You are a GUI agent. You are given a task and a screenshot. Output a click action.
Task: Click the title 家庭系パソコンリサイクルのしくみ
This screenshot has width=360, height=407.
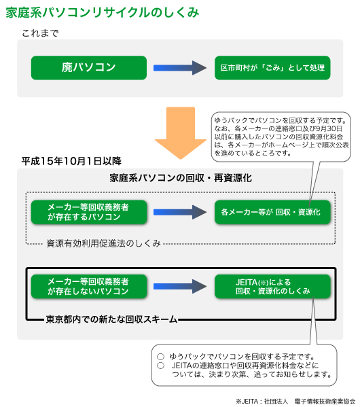coord(103,12)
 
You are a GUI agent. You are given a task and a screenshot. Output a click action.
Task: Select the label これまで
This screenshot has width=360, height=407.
coord(40,33)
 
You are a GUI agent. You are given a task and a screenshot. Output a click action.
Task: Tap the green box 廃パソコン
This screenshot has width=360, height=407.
coord(89,68)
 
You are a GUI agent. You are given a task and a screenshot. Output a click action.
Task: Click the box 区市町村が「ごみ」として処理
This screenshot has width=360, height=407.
coord(272,68)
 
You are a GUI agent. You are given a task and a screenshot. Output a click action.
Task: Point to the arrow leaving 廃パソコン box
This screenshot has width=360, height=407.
coord(180,68)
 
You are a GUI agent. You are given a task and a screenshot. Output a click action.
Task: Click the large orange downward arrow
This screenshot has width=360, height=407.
coord(181,132)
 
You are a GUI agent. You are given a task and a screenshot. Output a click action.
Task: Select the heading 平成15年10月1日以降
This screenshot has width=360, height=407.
coord(71,161)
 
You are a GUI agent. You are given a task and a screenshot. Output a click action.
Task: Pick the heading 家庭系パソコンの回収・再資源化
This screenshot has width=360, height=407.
coord(181,178)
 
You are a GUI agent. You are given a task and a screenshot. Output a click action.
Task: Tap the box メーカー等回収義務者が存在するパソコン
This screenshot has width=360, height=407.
coord(89,212)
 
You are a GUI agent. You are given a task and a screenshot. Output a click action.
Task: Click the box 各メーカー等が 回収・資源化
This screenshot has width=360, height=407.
coord(272,212)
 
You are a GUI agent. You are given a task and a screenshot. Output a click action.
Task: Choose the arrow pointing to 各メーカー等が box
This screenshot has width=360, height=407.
coord(180,212)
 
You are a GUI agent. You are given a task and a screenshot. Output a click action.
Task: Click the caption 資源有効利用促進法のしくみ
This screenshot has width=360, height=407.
coord(103,243)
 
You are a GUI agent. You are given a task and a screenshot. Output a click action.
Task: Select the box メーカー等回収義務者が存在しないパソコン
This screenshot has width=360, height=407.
coord(89,286)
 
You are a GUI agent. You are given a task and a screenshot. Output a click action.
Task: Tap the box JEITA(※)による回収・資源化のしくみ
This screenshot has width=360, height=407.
coord(272,286)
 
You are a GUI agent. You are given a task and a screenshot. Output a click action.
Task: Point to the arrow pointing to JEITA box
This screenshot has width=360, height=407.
coord(180,286)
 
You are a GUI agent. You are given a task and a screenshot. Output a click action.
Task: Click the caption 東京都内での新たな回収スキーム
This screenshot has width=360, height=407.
coord(111,319)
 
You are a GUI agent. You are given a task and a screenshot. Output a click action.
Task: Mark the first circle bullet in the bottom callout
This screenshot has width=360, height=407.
coord(161,357)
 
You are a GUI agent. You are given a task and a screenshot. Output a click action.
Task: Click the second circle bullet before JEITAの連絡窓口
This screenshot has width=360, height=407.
coord(161,366)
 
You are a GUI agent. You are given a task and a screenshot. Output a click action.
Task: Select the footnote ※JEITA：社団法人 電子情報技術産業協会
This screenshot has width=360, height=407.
coord(295,402)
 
